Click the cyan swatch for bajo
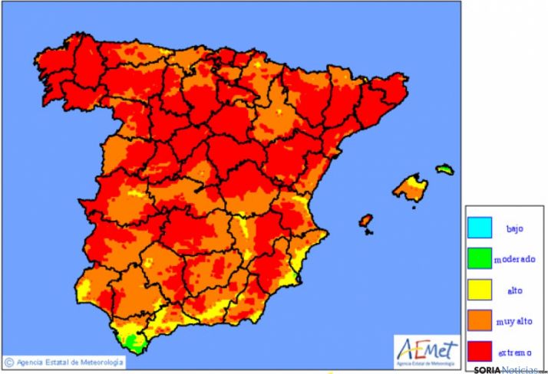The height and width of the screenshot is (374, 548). [480, 228]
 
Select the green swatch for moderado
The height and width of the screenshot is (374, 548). [480, 259]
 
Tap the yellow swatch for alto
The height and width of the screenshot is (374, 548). [480, 290]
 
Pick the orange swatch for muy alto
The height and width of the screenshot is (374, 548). [480, 321]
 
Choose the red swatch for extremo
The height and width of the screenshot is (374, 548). [480, 352]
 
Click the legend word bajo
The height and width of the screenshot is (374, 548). [513, 228]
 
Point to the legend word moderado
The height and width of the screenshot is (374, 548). [514, 259]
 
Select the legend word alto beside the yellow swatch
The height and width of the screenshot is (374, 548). [513, 291]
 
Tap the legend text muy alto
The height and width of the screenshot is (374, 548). [514, 322]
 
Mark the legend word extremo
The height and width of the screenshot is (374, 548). [514, 353]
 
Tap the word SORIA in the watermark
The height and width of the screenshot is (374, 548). [487, 369]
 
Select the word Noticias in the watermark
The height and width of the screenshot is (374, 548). [519, 369]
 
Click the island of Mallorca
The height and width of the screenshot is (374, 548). [411, 187]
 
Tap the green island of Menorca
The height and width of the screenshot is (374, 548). [444, 169]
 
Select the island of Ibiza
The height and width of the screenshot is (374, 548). [366, 221]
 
